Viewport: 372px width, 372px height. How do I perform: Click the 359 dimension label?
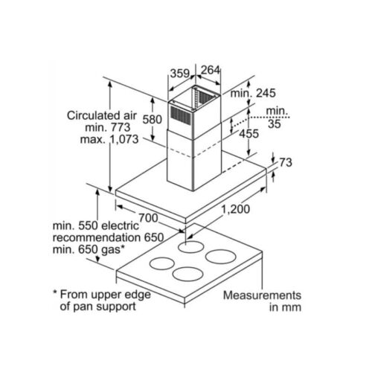pyautogui.click(x=180, y=74)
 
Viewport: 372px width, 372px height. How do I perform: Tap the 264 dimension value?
pyautogui.click(x=211, y=70)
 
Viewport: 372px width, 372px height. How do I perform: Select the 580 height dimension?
pyautogui.click(x=153, y=119)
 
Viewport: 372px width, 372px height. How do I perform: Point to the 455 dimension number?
pyautogui.click(x=248, y=134)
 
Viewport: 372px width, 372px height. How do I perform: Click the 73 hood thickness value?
pyautogui.click(x=286, y=162)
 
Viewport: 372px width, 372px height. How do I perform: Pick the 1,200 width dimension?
pyautogui.click(x=235, y=209)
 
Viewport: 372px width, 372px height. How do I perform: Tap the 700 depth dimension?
pyautogui.click(x=148, y=218)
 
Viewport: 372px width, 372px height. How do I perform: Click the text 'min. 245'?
pyautogui.click(x=253, y=93)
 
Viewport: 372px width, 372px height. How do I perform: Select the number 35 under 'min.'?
pyautogui.click(x=275, y=124)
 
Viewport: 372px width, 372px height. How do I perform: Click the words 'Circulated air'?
pyautogui.click(x=102, y=115)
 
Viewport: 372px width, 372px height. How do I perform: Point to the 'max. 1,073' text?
pyautogui.click(x=109, y=139)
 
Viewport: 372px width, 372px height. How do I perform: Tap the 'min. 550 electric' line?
pyautogui.click(x=96, y=225)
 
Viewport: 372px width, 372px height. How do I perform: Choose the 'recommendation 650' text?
pyautogui.click(x=108, y=237)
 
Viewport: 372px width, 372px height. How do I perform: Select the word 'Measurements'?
pyautogui.click(x=262, y=295)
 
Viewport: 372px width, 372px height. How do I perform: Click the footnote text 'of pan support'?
pyautogui.click(x=97, y=307)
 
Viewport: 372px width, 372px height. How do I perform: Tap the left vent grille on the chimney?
pyautogui.click(x=180, y=117)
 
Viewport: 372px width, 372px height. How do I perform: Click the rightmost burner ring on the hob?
pyautogui.click(x=221, y=257)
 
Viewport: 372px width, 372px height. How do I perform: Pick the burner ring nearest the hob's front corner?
pyautogui.click(x=187, y=274)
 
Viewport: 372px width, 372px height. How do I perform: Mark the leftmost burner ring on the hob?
pyautogui.click(x=162, y=263)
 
